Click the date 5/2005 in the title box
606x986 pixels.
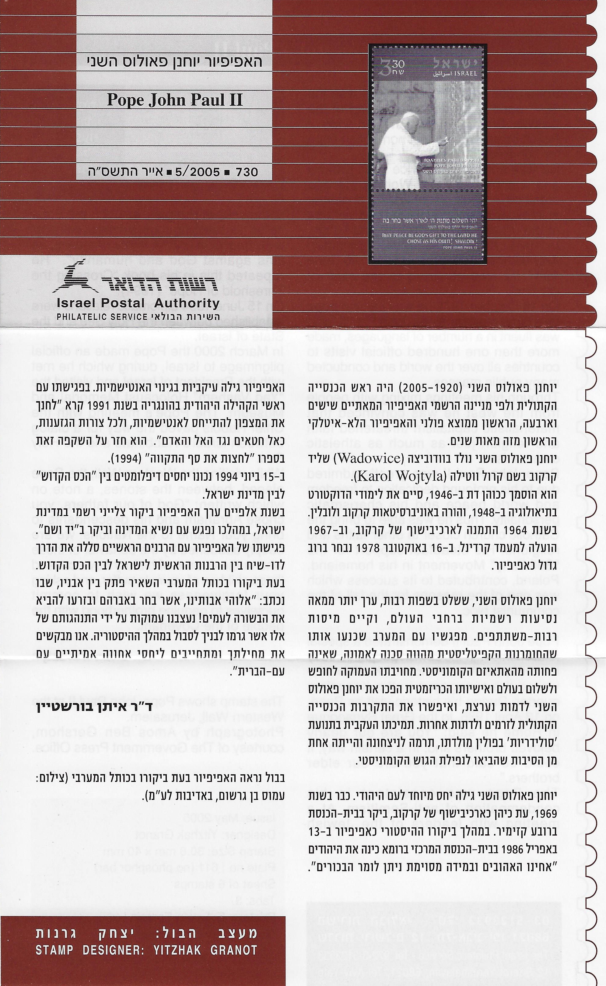coord(199,172)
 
